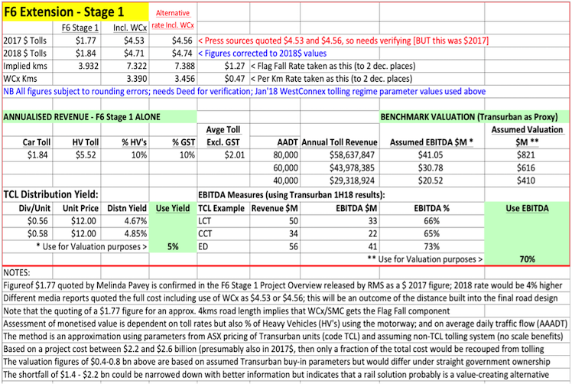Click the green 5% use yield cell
click(174, 246)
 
